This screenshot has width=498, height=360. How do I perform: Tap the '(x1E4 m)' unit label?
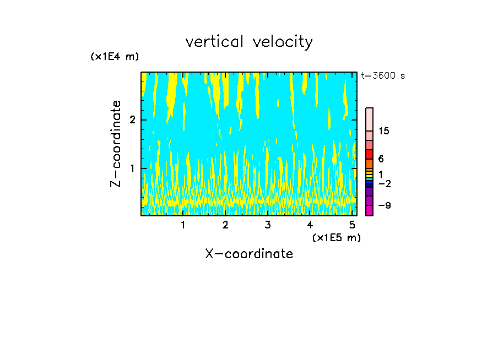pos(115,57)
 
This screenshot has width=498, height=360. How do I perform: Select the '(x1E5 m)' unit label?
pos(336,237)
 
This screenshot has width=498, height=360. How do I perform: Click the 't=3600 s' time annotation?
pos(383,76)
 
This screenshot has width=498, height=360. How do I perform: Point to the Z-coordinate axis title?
pos(116,144)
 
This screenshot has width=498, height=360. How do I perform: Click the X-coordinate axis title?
pos(249,254)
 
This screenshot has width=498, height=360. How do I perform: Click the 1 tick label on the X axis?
pos(183,225)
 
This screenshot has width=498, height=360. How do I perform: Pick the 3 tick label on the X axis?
pos(267,225)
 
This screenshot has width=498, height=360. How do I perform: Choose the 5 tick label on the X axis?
pos(351,225)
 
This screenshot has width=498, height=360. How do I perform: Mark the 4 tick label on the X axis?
pos(310,225)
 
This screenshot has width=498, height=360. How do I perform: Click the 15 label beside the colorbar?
pos(384,131)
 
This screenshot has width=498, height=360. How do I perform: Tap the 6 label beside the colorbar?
pos(381,159)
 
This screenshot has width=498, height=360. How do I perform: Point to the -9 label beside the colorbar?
pos(384,205)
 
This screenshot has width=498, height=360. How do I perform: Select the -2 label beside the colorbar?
pos(384,183)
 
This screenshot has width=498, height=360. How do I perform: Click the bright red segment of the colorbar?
pos(370,154)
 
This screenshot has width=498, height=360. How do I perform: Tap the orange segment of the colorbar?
pos(370,163)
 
